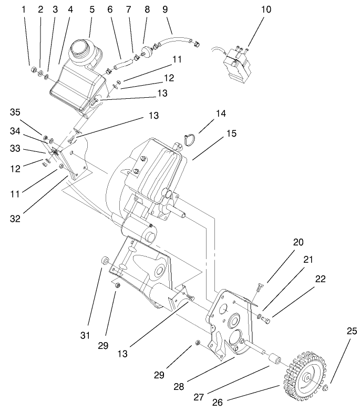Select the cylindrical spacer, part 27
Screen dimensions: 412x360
click(274, 360)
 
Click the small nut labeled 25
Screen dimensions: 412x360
click(325, 388)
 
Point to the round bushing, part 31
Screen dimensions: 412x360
click(105, 261)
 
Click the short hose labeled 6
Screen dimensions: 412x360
click(122, 65)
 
